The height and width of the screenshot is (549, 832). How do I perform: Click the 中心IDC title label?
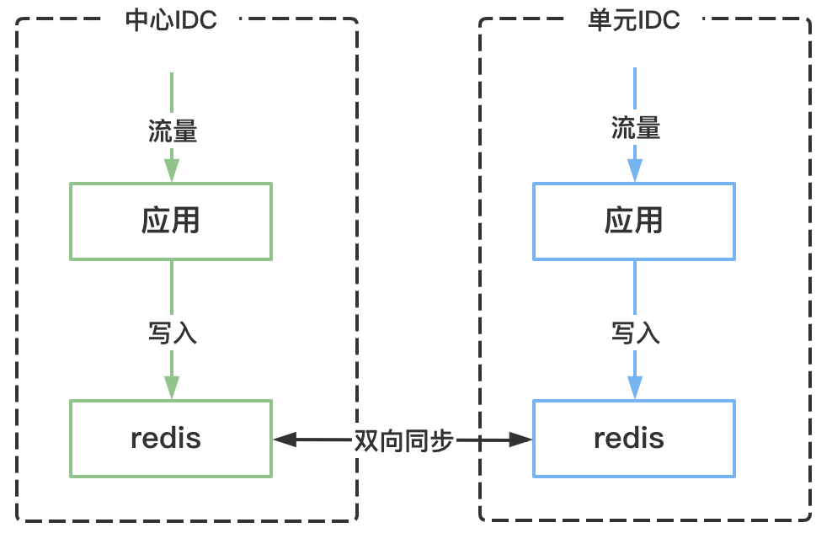pyautogui.click(x=171, y=20)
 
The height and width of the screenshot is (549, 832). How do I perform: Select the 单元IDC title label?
pyautogui.click(x=633, y=20)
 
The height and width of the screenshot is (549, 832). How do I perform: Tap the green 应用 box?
pyautogui.click(x=171, y=221)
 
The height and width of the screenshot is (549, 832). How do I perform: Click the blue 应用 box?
pyautogui.click(x=633, y=221)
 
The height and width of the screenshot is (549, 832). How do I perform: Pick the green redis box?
pyautogui.click(x=171, y=439)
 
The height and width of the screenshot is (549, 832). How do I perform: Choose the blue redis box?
pyautogui.click(x=633, y=439)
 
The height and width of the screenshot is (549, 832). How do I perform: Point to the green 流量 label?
pyautogui.click(x=173, y=131)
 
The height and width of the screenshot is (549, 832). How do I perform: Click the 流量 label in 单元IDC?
pyautogui.click(x=635, y=129)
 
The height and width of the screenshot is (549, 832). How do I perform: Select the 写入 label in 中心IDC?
pyautogui.click(x=173, y=333)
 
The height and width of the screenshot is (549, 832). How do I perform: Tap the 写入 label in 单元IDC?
pyautogui.click(x=635, y=333)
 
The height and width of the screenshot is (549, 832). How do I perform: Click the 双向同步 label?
pyautogui.click(x=404, y=440)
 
